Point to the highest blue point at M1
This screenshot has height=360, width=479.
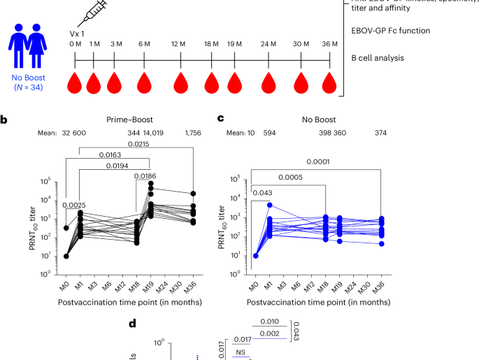click(269, 206)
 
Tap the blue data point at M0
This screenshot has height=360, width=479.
click(257, 255)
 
